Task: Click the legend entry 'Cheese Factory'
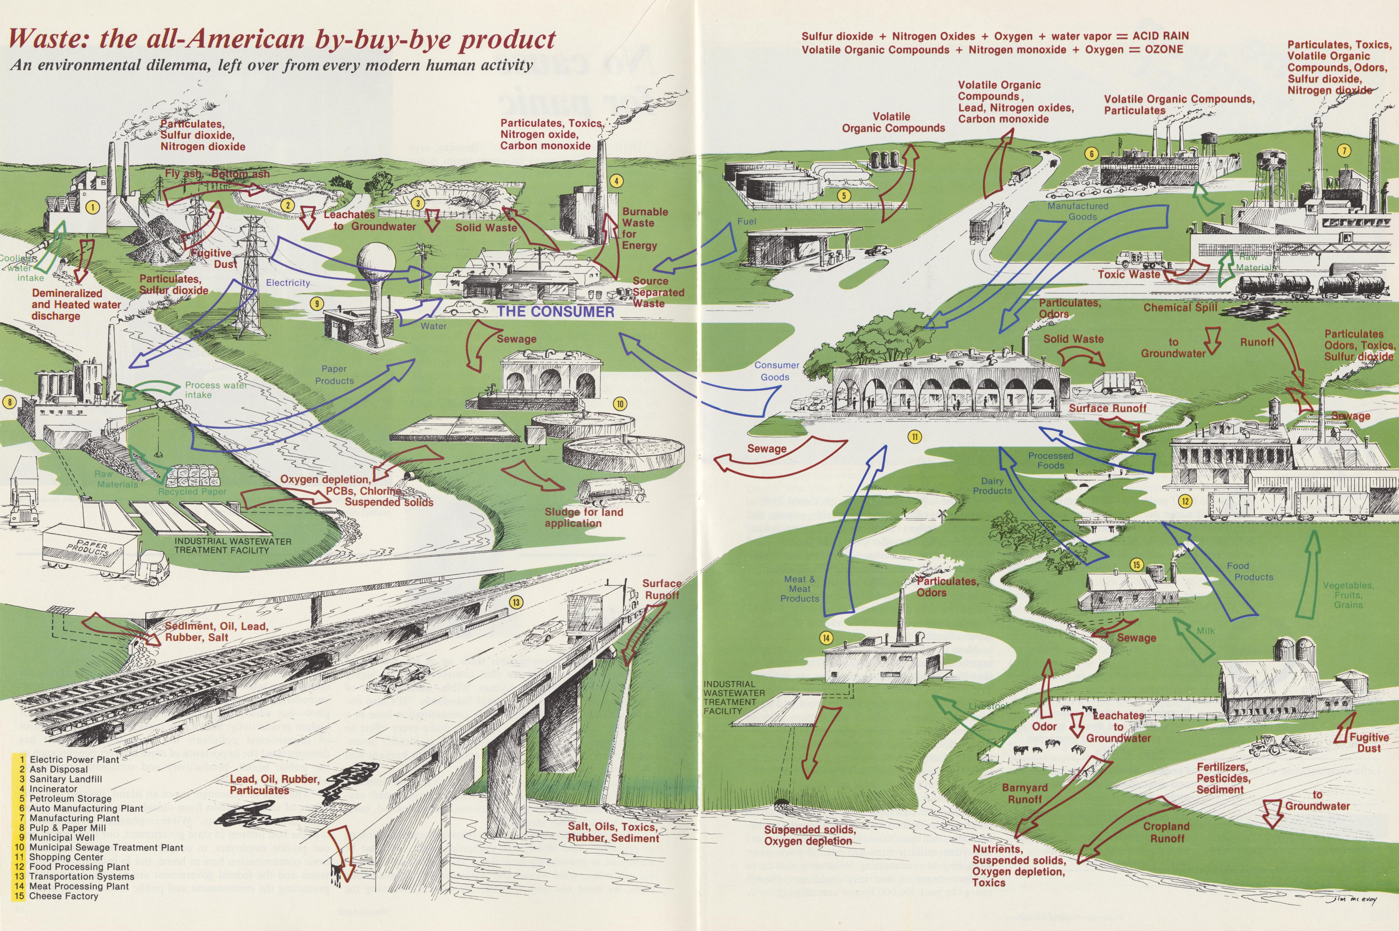pyautogui.click(x=63, y=896)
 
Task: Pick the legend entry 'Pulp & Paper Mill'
pyautogui.click(x=68, y=828)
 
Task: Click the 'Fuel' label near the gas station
pyautogui.click(x=747, y=221)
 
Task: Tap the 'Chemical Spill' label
pyautogui.click(x=1181, y=308)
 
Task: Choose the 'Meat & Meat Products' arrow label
pyautogui.click(x=799, y=589)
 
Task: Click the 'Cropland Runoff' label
pyautogui.click(x=1167, y=832)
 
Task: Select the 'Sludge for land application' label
pyautogui.click(x=584, y=518)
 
